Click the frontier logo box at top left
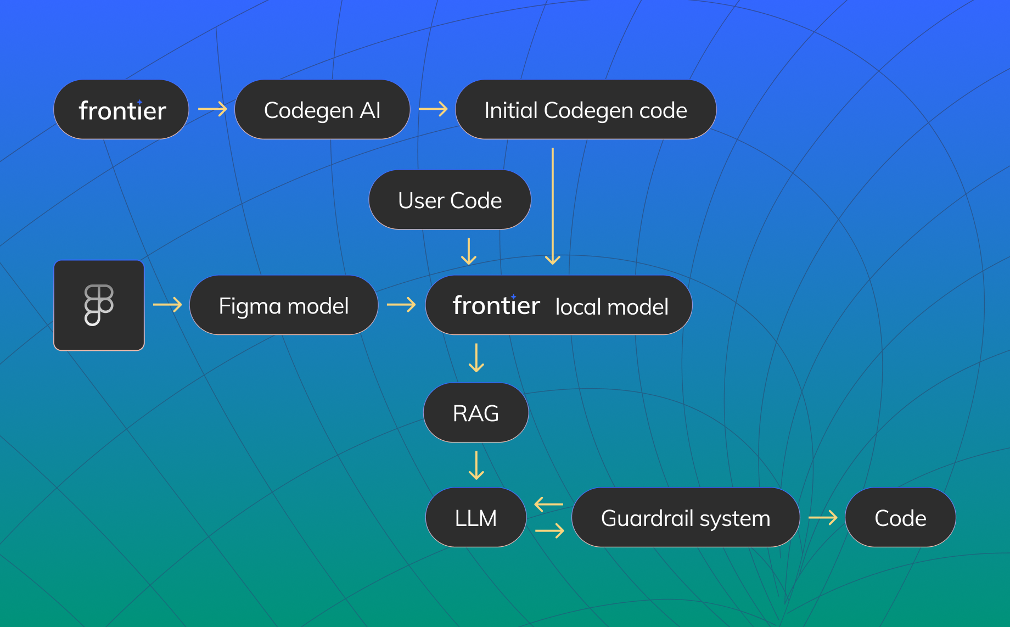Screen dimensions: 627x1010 [x=121, y=110]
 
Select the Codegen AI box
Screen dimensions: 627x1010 [x=322, y=110]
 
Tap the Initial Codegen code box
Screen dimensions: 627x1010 [x=586, y=110]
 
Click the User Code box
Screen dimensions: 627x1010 [x=450, y=200]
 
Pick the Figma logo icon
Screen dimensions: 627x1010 [x=99, y=305]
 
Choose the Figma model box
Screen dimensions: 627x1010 [x=283, y=305]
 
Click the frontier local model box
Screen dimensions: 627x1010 [x=559, y=305]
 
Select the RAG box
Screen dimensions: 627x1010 [x=476, y=413]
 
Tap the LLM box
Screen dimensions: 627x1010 [x=476, y=518]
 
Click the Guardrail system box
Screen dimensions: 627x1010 [x=686, y=518]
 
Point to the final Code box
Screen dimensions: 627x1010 [x=900, y=518]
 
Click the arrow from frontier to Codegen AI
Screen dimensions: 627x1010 [x=212, y=109]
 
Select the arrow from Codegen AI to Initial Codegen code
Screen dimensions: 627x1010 [x=433, y=109]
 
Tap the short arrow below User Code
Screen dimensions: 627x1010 [x=469, y=251]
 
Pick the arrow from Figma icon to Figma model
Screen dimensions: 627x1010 [x=167, y=304]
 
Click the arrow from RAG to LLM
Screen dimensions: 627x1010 [x=476, y=465]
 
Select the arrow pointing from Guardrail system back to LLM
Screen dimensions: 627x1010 [x=549, y=504]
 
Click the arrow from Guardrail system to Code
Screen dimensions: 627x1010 [x=823, y=517]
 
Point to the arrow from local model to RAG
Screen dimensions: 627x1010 [x=476, y=357]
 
